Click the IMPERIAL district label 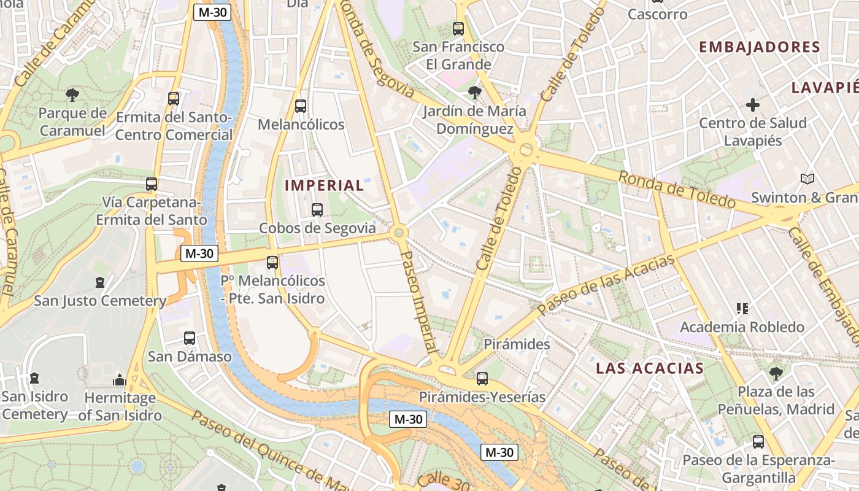325,185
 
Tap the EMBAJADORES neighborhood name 760,47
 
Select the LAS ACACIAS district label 650,368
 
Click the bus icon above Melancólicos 301,106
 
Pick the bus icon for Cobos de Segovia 317,210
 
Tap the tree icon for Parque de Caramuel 72,95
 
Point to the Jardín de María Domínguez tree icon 474,93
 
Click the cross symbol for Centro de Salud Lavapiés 753,105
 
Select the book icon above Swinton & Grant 808,179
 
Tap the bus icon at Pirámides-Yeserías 482,379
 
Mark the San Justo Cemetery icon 100,282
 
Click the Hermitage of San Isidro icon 120,380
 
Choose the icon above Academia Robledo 742,309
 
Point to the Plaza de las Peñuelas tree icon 776,373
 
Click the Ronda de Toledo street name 677,190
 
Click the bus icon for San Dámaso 190,338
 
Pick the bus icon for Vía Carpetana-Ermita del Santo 152,184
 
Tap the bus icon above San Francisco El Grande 458,28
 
